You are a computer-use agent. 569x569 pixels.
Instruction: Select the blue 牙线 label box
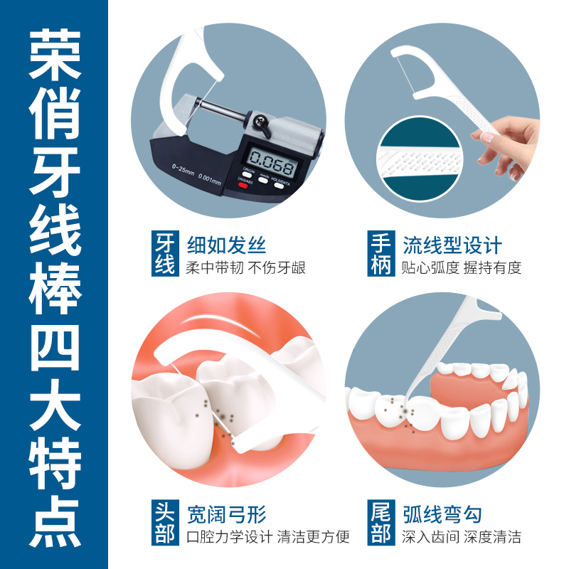click(x=164, y=255)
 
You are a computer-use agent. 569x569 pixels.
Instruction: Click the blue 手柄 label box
click(x=381, y=255)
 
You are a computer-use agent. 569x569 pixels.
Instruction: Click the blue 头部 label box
click(x=164, y=523)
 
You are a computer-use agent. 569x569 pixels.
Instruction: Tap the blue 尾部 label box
click(x=381, y=523)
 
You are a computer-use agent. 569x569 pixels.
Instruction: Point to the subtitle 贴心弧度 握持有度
click(x=462, y=268)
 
